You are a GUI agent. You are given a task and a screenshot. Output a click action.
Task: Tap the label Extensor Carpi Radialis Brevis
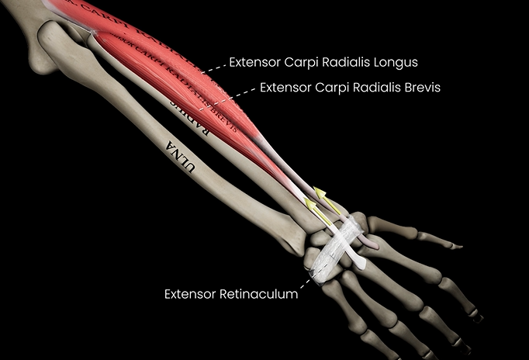point(351,88)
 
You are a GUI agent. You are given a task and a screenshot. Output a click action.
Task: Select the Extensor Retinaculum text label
point(231,294)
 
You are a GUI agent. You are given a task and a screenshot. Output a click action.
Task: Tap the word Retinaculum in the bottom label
point(259,294)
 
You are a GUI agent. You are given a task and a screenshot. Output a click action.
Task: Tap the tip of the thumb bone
point(460,246)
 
